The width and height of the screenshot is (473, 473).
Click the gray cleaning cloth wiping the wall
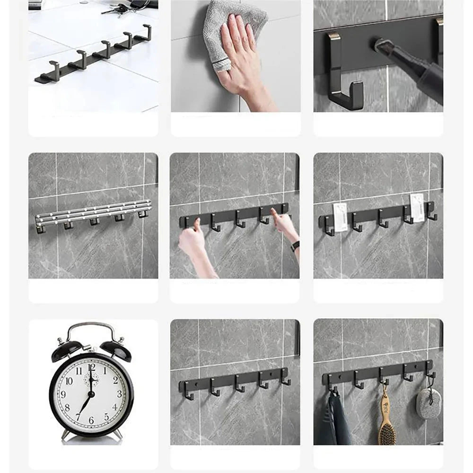pos(232,28)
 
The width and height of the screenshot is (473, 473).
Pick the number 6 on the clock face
pos(91,420)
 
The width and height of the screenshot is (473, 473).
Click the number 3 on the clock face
pos(119,393)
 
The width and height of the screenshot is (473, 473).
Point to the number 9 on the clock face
pos(63,394)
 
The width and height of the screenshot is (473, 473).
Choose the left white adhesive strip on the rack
pos(340,217)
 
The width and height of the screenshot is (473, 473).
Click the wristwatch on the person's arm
pos(295,246)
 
